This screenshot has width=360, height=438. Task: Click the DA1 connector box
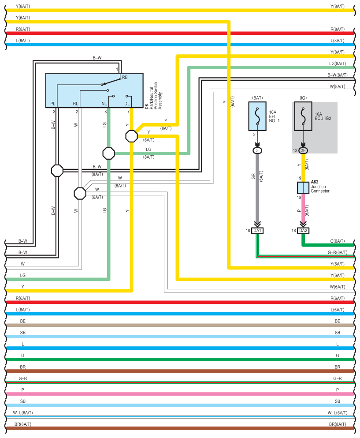coord(257,231)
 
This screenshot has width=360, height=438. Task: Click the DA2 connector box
coord(303,231)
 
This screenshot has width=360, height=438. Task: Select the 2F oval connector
coord(303,150)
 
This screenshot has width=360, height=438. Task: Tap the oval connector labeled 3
coord(257,150)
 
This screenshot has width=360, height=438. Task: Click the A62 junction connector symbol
coord(303,187)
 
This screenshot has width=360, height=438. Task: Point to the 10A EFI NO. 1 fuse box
coord(257,116)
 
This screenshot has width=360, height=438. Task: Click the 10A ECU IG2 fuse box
coord(303,116)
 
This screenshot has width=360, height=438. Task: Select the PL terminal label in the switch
coord(53,104)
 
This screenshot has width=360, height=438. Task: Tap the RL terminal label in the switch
coord(76,104)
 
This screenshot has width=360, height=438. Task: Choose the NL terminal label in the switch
coord(104,104)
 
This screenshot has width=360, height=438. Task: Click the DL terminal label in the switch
coord(127,104)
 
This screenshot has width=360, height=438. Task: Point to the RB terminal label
coord(125,77)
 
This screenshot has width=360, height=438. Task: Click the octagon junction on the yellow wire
coord(132,136)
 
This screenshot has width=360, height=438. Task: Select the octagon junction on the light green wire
coord(108,153)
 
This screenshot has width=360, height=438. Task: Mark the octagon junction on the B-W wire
coord(57,170)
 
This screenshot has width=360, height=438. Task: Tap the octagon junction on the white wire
coord(80,193)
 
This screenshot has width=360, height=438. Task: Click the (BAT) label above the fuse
coord(257,97)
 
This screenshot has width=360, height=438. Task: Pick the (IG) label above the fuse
coord(303,97)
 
